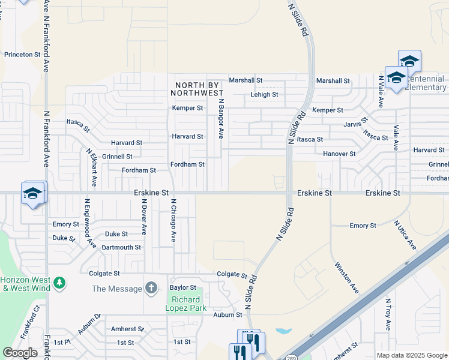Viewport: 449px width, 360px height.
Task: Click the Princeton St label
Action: tap(22, 54)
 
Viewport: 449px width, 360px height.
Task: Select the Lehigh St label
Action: tap(264, 95)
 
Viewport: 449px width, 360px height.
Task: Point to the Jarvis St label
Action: tap(357, 123)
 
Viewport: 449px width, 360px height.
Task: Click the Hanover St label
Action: tap(339, 154)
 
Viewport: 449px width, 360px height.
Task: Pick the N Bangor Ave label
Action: tap(221, 119)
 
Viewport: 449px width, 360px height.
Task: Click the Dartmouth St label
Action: tap(121, 247)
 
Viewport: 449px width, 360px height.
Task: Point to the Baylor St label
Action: tap(183, 288)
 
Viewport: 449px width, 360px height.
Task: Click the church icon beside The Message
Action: tap(151, 289)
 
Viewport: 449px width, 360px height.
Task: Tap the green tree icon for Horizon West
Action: tap(59, 282)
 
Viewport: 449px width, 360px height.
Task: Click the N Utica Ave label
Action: tap(405, 235)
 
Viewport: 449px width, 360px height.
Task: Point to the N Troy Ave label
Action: tap(388, 315)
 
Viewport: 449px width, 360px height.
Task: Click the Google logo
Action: tap(20, 353)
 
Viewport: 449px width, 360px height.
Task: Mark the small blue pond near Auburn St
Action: tap(283, 331)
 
